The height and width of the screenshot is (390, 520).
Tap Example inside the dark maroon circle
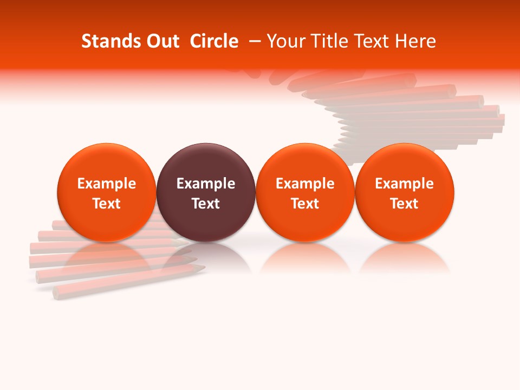coord(206,184)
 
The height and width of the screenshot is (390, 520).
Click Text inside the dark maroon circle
coord(206,204)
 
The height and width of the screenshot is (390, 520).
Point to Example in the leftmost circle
coord(107,184)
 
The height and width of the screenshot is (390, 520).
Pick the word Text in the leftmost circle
coord(107,204)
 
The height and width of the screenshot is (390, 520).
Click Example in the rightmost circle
coord(405,184)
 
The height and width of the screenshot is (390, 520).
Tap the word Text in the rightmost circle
coord(405,204)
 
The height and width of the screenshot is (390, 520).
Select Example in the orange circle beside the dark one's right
coord(305,184)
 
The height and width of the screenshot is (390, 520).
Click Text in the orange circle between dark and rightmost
coord(305,204)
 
